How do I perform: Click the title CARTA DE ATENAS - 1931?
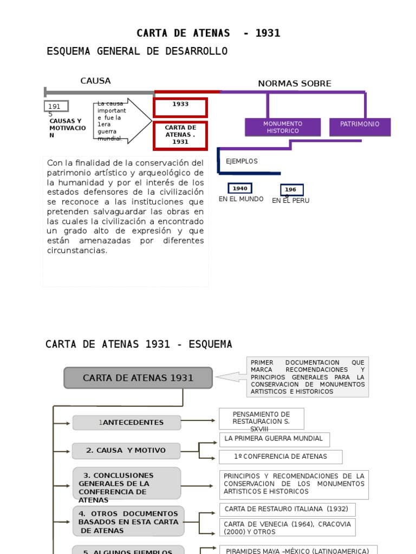(x=208, y=34)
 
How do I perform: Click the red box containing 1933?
(x=180, y=107)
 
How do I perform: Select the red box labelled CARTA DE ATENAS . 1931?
(x=180, y=135)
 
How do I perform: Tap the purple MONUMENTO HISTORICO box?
(x=282, y=127)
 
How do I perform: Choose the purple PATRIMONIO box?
(x=360, y=124)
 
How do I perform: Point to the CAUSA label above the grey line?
(x=95, y=81)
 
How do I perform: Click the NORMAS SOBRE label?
(x=294, y=84)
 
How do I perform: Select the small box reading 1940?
(x=240, y=188)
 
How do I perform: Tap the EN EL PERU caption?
(x=290, y=201)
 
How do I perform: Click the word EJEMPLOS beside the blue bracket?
(x=242, y=161)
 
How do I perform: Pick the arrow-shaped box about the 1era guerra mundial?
(x=122, y=121)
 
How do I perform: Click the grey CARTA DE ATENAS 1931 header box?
(x=138, y=378)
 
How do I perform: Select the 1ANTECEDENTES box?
(x=127, y=423)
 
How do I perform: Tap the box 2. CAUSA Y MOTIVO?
(x=126, y=451)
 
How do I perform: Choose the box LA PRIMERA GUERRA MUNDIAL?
(x=274, y=439)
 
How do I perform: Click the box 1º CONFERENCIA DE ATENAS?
(x=281, y=457)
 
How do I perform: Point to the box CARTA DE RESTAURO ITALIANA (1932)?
(x=287, y=509)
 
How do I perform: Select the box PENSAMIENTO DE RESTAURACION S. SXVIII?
(x=261, y=419)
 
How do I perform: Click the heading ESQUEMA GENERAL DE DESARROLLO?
(x=137, y=51)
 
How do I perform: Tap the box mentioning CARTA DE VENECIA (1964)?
(x=287, y=527)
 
